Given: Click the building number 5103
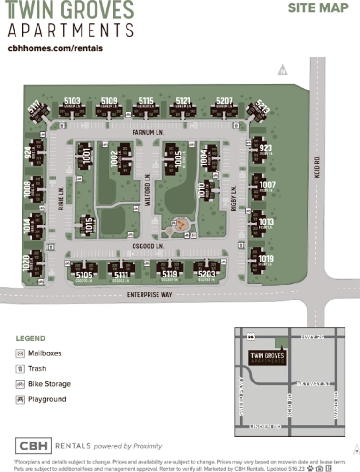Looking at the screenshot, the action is click(72, 100).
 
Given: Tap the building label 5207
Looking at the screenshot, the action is click(224, 100).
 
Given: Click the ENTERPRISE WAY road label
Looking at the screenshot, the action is click(150, 295).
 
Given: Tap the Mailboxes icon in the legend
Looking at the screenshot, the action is click(20, 353).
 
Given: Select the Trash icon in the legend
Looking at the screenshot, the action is click(20, 368).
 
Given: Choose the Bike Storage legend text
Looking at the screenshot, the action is click(49, 384).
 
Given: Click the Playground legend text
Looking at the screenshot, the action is click(47, 399).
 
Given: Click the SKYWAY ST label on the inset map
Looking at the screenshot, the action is click(313, 384).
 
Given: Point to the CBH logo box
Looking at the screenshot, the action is click(33, 446).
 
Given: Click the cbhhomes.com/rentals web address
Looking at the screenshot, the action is click(55, 48).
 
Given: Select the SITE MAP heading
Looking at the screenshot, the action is click(318, 8).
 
